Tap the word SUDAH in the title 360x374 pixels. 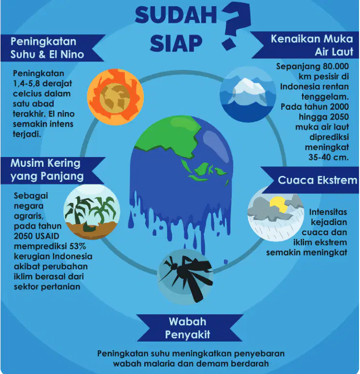coord(176,15)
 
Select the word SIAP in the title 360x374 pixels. coord(176,43)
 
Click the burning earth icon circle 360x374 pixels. coord(115,97)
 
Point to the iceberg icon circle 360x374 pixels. coord(248,94)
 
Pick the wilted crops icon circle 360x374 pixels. coord(92,212)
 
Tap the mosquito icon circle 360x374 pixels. coord(185,277)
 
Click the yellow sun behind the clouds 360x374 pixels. coord(278,204)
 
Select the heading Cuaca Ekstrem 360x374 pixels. coord(317,180)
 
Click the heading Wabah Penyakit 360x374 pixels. coord(188,328)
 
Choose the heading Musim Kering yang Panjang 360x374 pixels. coord(47,170)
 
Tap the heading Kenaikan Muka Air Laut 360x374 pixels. coord(312,45)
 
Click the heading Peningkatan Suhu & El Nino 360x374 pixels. coord(47,48)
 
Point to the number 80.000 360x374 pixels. coord(336,67)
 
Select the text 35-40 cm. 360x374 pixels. coord(329,157)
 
